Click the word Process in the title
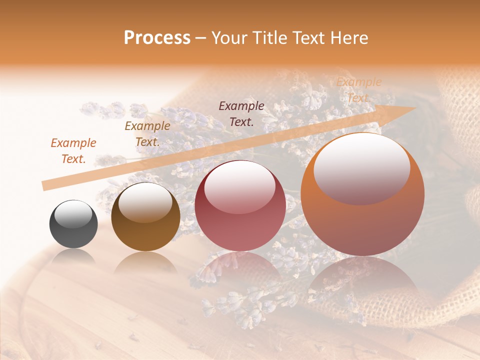click(x=157, y=38)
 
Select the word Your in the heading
click(x=230, y=38)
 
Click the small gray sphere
click(x=73, y=224)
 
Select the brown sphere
click(x=145, y=220)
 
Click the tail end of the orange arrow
click(x=45, y=185)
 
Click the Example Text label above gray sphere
click(x=73, y=150)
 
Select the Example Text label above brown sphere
click(x=147, y=133)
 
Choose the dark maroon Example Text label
click(x=241, y=113)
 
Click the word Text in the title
click(x=307, y=38)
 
